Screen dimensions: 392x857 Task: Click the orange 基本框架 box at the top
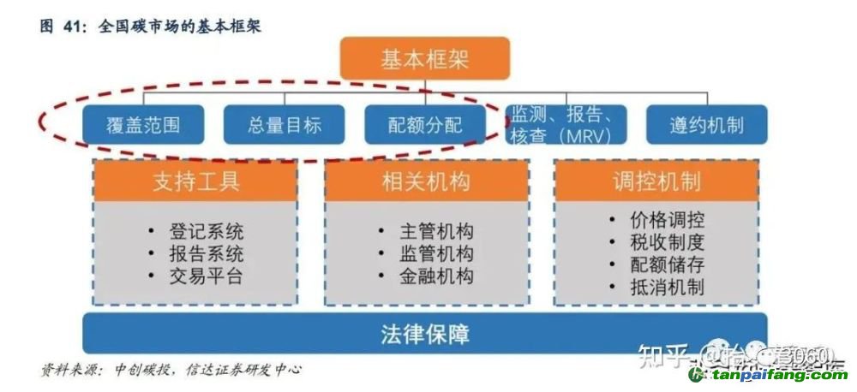[425, 59]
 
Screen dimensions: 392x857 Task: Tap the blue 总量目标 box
[284, 125]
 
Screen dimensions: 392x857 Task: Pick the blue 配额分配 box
[425, 125]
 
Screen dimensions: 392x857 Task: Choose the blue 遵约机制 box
[706, 125]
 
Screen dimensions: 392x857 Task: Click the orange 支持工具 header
[196, 181]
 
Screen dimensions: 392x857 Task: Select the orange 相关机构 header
[425, 181]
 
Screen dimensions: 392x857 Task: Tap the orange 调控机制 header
[656, 181]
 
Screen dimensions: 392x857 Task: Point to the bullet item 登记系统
[206, 231]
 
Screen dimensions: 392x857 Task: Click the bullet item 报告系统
[206, 253]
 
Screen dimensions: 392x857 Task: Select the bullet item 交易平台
[206, 276]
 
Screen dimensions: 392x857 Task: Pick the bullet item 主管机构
[436, 231]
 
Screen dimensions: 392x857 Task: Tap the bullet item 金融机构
[436, 276]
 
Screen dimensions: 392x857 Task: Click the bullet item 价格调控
[667, 221]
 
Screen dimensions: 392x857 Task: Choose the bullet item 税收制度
[667, 243]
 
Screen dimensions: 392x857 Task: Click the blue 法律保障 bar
[425, 333]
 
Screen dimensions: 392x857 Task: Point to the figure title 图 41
[59, 27]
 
